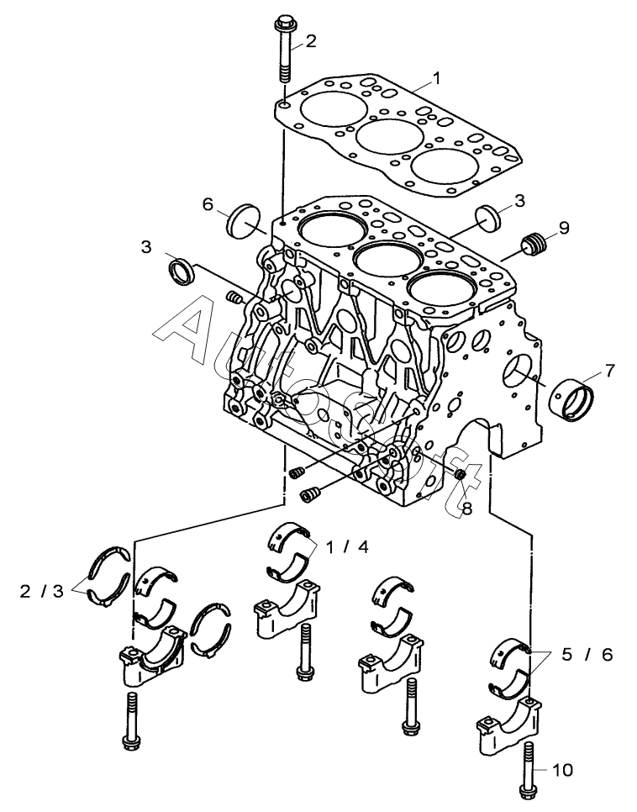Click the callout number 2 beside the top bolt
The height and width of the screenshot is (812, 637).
pyautogui.click(x=310, y=41)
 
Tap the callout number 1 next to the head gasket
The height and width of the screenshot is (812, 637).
pyautogui.click(x=436, y=79)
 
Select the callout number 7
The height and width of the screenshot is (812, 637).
pyautogui.click(x=608, y=370)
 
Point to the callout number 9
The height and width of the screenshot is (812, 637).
pyautogui.click(x=563, y=227)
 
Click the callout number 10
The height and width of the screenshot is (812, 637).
pyautogui.click(x=562, y=770)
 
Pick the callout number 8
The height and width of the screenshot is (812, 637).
pyautogui.click(x=466, y=509)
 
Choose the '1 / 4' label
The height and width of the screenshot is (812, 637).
pyautogui.click(x=348, y=546)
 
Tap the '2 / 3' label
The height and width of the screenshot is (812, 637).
pyautogui.click(x=41, y=590)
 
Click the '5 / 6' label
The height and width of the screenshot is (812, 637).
pyautogui.click(x=587, y=655)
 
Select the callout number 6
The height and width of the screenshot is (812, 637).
pyautogui.click(x=208, y=204)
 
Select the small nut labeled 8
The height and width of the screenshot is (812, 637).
pyautogui.click(x=459, y=473)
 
